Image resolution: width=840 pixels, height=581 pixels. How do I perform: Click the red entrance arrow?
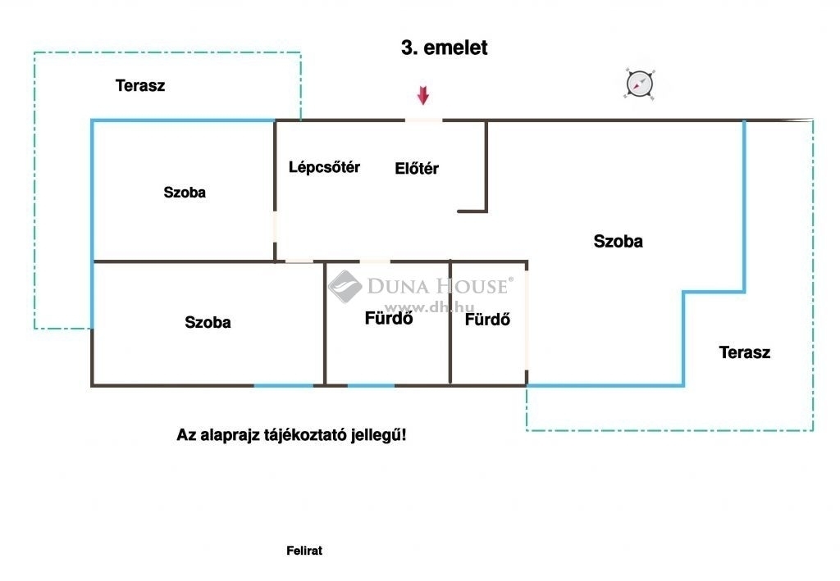[x=423, y=95]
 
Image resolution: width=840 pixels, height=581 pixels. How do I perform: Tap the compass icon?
[x=639, y=84]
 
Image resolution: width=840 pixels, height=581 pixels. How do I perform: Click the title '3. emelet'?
[x=444, y=48]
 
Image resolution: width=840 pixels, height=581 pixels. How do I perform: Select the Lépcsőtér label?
[x=324, y=167]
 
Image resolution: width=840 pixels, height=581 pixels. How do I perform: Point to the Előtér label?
[x=416, y=169]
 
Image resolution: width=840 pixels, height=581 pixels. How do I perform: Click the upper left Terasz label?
[x=140, y=85]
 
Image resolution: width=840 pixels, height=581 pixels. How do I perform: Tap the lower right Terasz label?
[x=745, y=352]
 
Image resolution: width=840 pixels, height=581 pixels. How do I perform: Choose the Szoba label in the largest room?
[x=619, y=241]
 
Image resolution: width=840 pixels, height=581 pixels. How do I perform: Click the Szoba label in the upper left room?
[x=185, y=193]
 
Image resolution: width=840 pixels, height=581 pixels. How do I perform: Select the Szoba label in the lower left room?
[x=208, y=322]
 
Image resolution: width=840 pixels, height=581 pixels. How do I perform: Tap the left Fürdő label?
[x=388, y=318]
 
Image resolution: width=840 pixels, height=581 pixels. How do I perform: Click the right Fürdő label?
[x=487, y=320]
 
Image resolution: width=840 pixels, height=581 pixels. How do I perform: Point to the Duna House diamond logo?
[x=345, y=286]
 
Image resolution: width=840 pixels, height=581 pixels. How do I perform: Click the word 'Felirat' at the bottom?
[x=304, y=551]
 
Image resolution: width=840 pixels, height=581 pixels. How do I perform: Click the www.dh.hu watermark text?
[x=430, y=307]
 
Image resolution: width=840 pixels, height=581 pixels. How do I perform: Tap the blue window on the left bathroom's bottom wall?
[x=372, y=385]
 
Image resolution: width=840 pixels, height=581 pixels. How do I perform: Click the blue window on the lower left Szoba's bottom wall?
[x=283, y=385]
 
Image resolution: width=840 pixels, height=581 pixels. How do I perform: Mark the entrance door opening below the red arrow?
[x=423, y=120]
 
